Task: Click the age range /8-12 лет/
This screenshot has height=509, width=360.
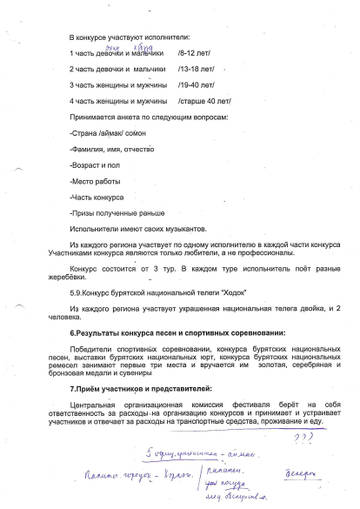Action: [x=194, y=51]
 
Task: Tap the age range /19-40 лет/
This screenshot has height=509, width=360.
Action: [x=196, y=85]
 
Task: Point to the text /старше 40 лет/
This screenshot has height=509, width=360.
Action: [x=204, y=101]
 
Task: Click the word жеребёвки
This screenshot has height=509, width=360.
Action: [x=92, y=278]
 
